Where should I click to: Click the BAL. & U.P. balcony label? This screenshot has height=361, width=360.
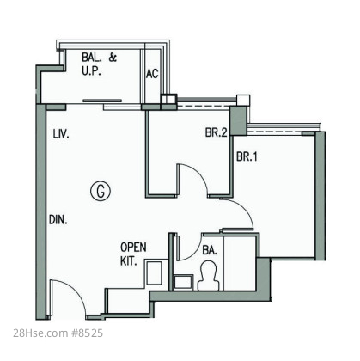pyautogui.click(x=99, y=64)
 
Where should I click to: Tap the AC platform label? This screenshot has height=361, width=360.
pyautogui.click(x=152, y=74)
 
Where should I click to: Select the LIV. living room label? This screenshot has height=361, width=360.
pyautogui.click(x=61, y=134)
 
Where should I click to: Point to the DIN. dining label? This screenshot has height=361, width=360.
pyautogui.click(x=58, y=220)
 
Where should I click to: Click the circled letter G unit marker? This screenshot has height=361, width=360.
pyautogui.click(x=101, y=191)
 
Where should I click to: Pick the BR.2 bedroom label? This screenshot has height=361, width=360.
pyautogui.click(x=216, y=132)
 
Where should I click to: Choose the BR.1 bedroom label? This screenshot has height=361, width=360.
pyautogui.click(x=247, y=156)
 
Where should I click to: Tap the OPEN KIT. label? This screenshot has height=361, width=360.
pyautogui.click(x=133, y=254)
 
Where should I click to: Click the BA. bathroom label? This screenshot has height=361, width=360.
pyautogui.click(x=210, y=250)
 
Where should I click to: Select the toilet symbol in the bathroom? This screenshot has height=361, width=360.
pyautogui.click(x=209, y=276)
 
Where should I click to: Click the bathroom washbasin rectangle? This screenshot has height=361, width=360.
pyautogui.click(x=183, y=282)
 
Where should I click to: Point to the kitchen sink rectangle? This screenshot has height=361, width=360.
pyautogui.click(x=154, y=272)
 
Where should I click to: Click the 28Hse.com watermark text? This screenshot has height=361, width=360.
pyautogui.click(x=40, y=333)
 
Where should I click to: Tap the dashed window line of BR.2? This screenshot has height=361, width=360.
pyautogui.click(x=204, y=106)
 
